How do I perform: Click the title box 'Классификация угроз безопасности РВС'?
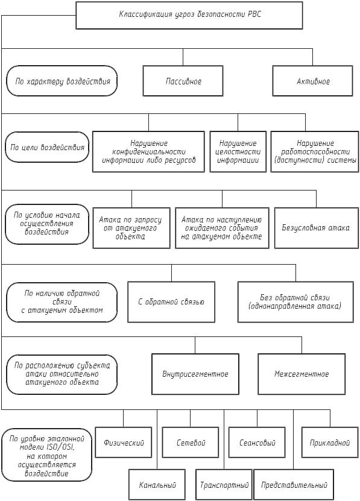[189, 15]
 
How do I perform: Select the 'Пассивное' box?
[183, 81]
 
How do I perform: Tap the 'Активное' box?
[313, 81]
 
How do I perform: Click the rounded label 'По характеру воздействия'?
[62, 81]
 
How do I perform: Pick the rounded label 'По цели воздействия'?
[47, 147]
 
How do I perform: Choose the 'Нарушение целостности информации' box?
[238, 152]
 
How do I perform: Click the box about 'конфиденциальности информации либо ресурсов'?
[148, 152]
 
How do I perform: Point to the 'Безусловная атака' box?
[317, 228]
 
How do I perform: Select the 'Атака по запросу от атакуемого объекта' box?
[131, 228]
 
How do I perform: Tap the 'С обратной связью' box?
[171, 302]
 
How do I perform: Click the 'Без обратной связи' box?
[295, 302]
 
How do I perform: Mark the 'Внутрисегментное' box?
[195, 374]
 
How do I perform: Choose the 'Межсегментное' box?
[302, 374]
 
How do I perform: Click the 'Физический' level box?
[124, 443]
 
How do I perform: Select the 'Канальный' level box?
[157, 485]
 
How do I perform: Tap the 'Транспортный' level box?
[224, 485]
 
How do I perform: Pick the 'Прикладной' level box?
[330, 443]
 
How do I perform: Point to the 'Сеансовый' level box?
[257, 443]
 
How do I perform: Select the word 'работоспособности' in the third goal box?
[315, 152]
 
